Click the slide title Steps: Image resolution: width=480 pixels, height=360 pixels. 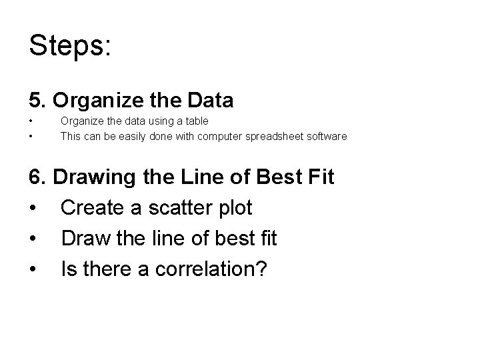coord(71,46)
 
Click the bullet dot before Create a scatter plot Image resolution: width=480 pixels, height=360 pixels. coord(33,208)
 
